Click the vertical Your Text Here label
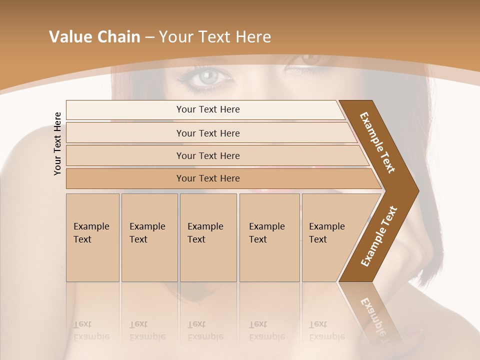coord(57,143)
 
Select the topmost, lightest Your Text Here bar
coord(207,109)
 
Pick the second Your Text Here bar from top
coord(207,133)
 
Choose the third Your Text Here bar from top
coord(207,155)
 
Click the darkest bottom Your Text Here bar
coord(207,178)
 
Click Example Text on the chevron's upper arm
coord(377,143)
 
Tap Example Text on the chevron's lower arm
coord(379,236)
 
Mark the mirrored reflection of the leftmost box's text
coord(91,330)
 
